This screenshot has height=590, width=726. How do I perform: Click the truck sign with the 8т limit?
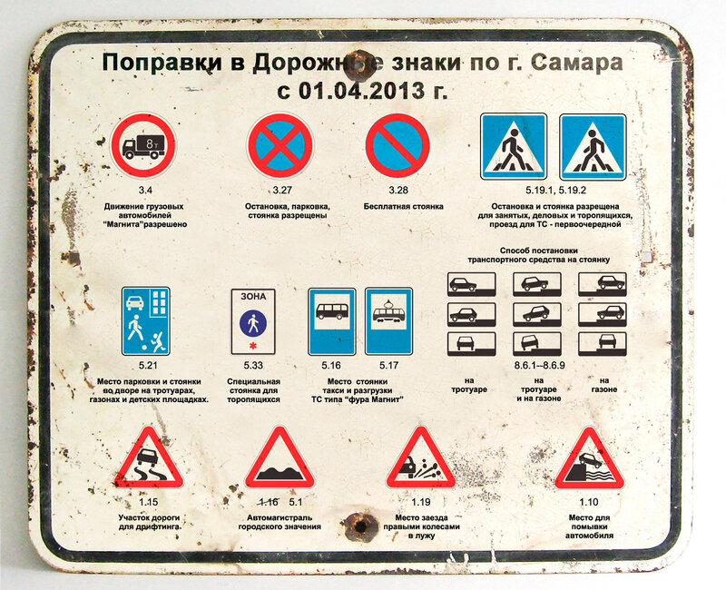[143, 145]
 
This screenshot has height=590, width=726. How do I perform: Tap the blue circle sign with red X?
[280, 145]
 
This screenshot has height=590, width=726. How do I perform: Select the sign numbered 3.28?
[397, 145]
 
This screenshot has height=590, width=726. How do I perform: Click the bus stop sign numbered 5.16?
[332, 321]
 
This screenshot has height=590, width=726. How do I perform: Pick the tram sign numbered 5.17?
[389, 321]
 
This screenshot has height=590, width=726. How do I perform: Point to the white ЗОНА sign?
[253, 321]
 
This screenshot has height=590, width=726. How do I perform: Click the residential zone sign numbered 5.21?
[146, 321]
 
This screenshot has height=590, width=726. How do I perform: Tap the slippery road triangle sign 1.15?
[149, 458]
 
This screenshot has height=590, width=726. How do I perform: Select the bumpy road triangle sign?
[280, 458]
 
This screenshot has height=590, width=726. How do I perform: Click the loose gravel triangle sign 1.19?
[420, 458]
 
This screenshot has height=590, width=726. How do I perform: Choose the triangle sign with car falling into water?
[589, 458]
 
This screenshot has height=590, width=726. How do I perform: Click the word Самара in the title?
[576, 63]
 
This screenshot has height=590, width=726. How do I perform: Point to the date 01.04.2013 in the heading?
[361, 90]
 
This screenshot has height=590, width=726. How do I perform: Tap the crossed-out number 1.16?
[268, 502]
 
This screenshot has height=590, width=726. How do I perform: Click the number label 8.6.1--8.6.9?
[539, 366]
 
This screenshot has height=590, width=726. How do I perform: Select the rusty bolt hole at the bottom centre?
[359, 526]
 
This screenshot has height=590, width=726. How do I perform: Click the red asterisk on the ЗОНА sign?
[252, 346]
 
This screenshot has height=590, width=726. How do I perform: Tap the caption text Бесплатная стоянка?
[403, 207]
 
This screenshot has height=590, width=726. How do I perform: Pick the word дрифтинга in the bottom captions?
[158, 527]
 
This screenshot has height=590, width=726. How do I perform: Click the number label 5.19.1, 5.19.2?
[555, 191]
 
